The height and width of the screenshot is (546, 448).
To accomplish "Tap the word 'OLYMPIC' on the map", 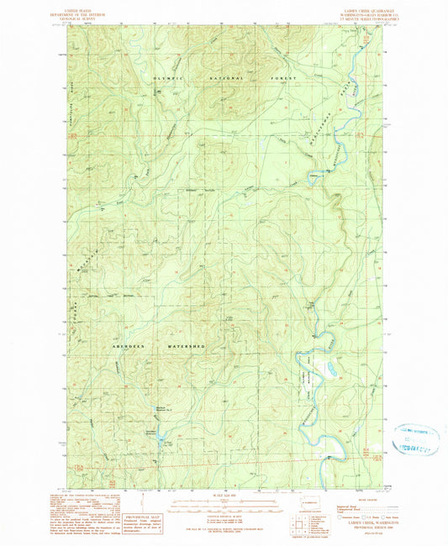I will [x=168, y=77].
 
